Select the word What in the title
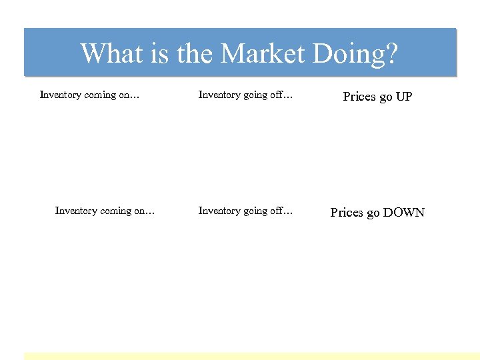click(110, 53)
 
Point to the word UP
click(404, 97)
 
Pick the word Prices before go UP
click(359, 97)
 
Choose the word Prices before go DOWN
click(347, 213)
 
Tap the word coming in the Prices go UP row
click(101, 95)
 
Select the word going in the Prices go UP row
click(255, 95)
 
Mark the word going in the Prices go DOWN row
click(255, 211)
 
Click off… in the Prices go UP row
click(281, 95)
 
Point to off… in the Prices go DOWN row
click(281, 211)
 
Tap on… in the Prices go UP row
click(130, 95)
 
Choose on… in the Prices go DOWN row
click(145, 211)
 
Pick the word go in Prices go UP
click(386, 97)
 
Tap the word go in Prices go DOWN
click(374, 213)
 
